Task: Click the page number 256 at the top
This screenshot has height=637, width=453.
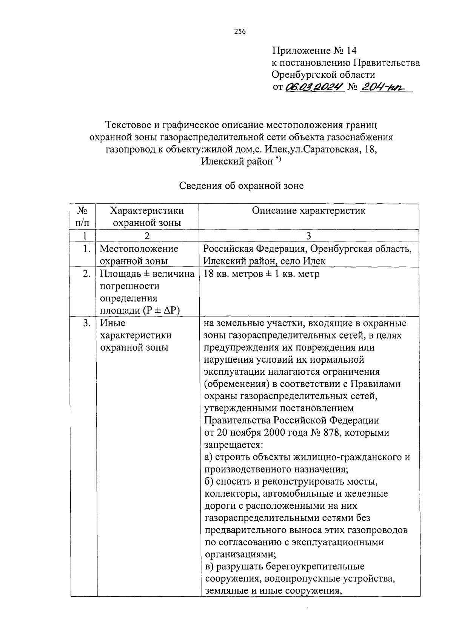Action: [x=239, y=32]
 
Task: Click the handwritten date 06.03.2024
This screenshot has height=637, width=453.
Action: [x=315, y=88]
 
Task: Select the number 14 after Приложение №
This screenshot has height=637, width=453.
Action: [x=350, y=51]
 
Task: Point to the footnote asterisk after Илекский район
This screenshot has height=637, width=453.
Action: [x=278, y=159]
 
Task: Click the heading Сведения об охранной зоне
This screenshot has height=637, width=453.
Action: [x=241, y=186]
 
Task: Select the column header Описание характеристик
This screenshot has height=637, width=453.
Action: [x=308, y=211]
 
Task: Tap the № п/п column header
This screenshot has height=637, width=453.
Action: [x=83, y=216]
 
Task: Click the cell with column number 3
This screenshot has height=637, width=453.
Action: [x=308, y=236]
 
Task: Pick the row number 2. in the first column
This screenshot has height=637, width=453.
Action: [x=86, y=274]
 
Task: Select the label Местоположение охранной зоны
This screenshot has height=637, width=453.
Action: [x=139, y=255]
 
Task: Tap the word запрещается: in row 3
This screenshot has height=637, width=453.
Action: [x=228, y=445]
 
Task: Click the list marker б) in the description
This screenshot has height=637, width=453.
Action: [x=210, y=482]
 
